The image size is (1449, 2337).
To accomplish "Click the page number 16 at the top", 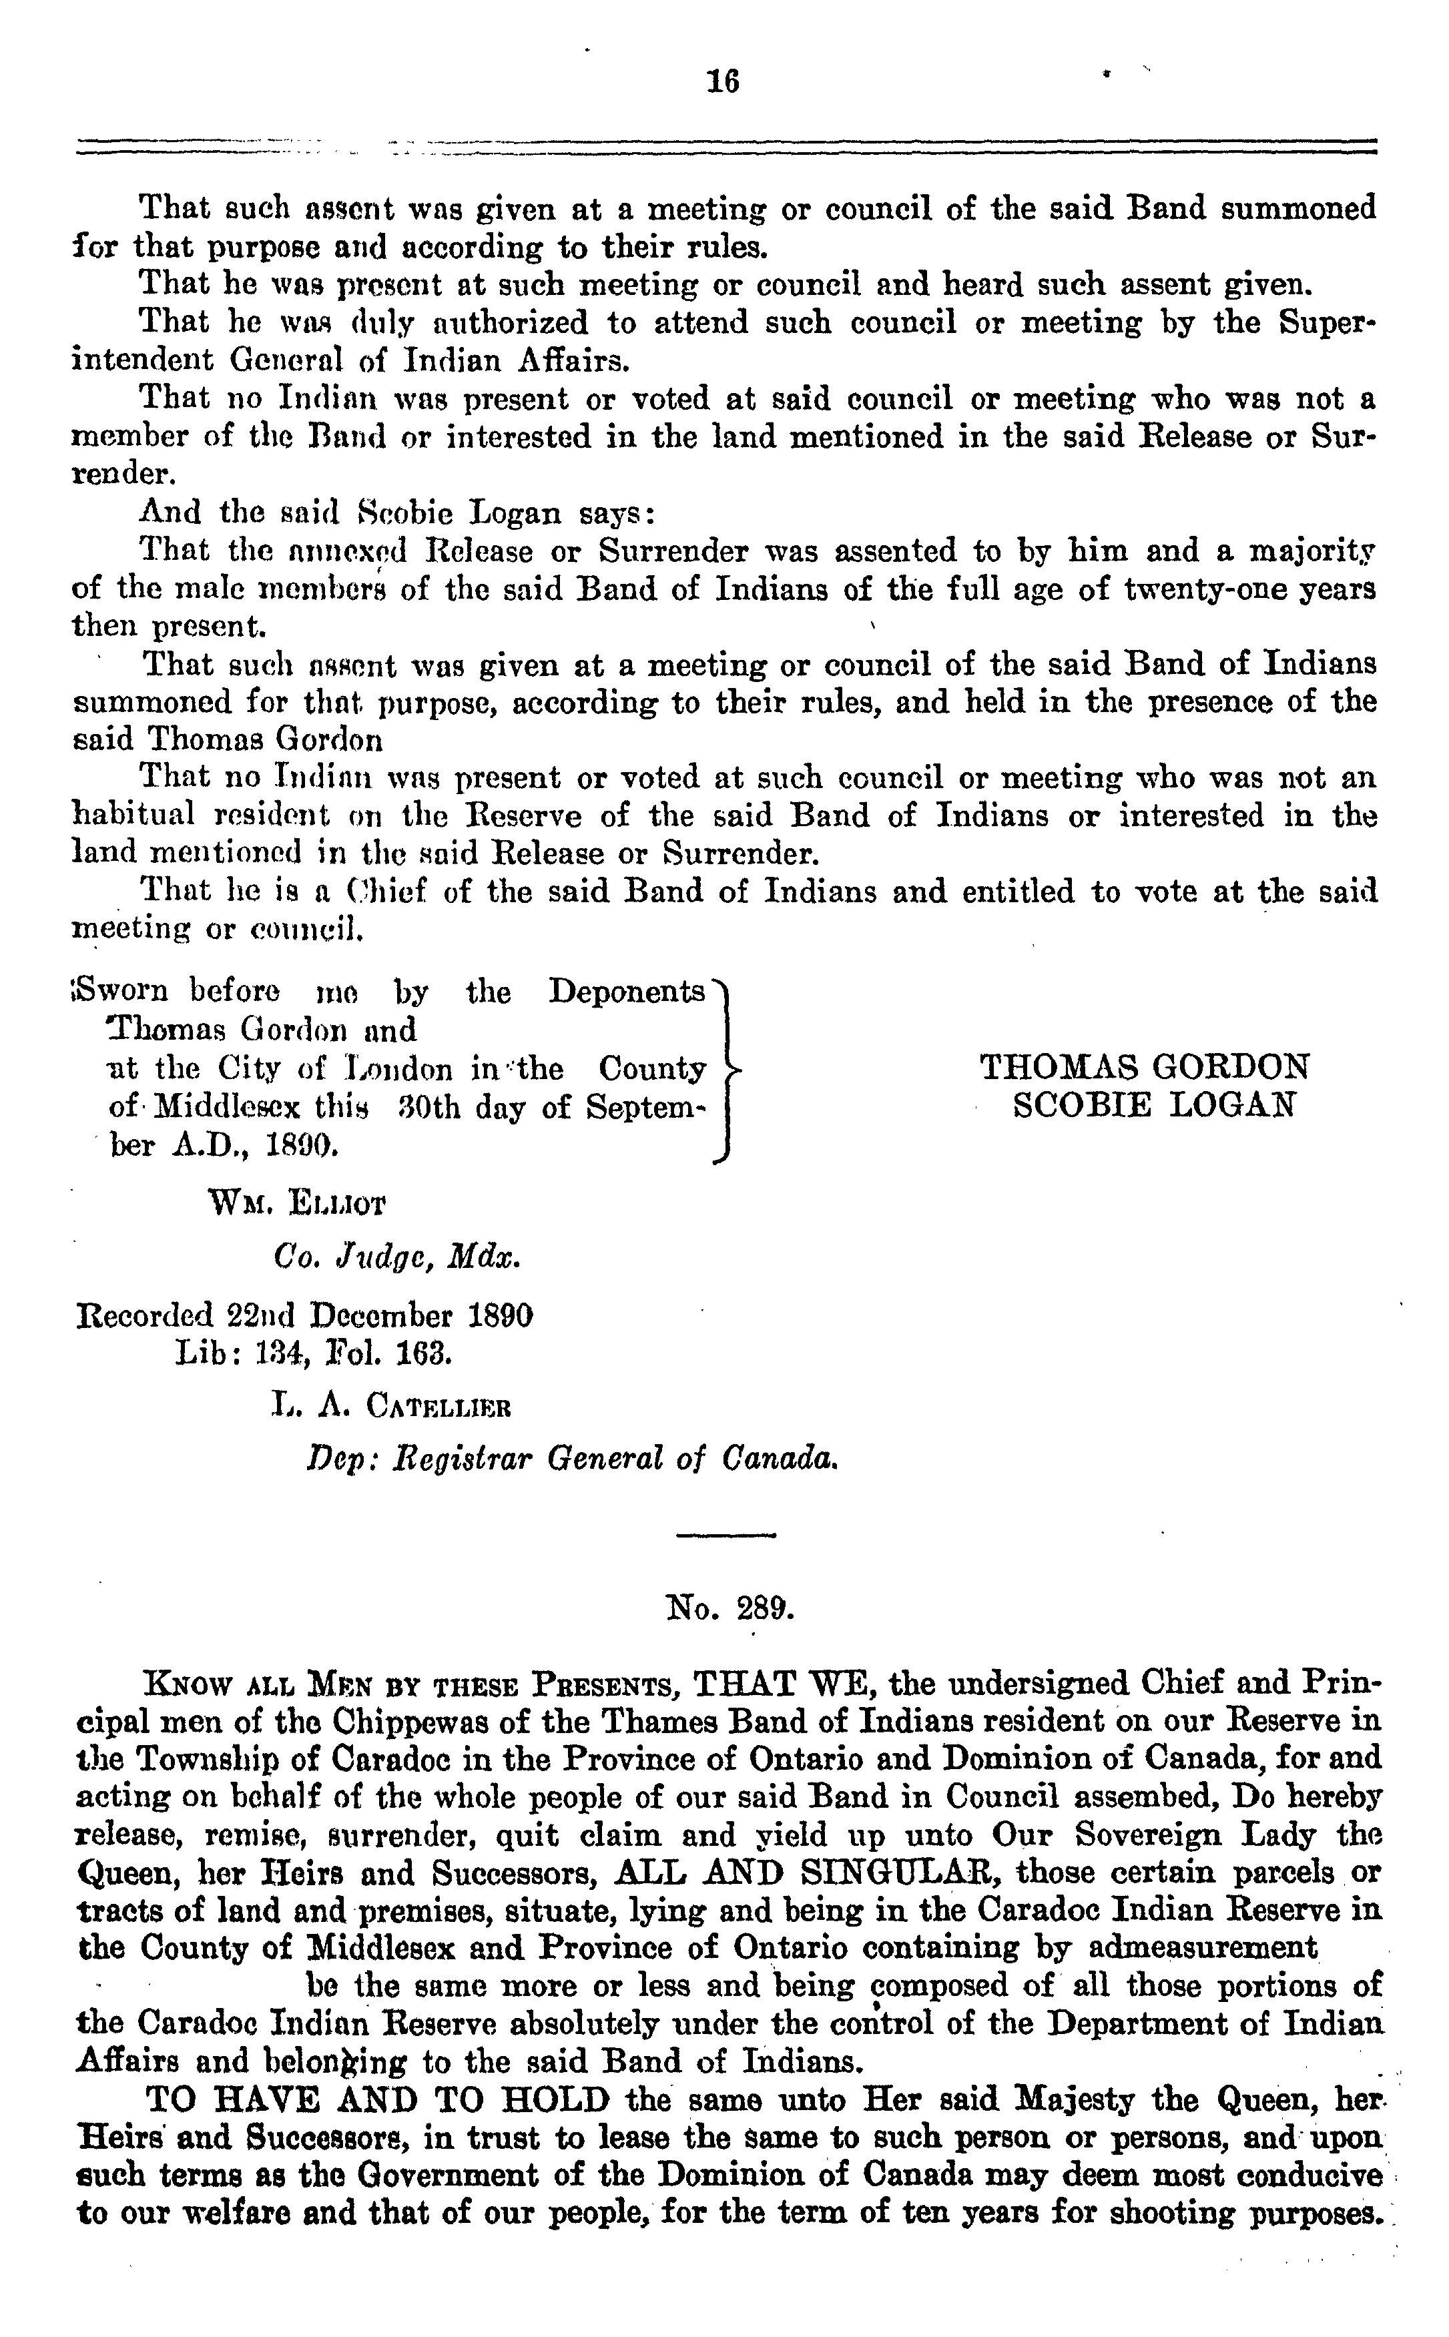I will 723,81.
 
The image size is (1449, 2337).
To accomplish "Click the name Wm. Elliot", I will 297,1203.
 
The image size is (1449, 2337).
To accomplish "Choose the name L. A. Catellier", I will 391,1407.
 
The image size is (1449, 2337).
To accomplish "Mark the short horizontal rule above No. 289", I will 725,1536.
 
